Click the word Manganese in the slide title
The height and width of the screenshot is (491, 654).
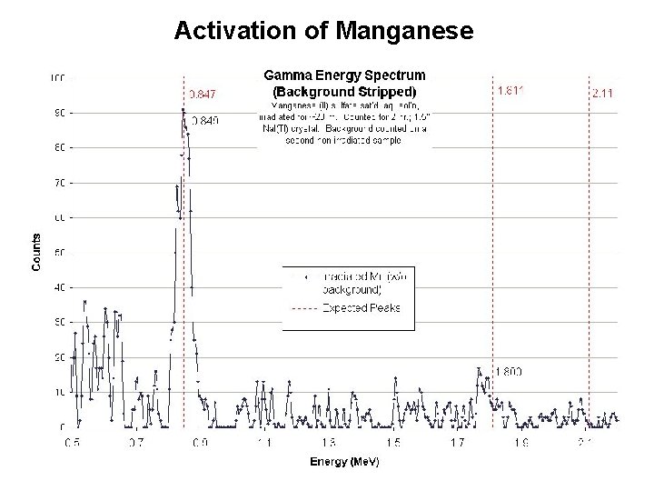[404, 31]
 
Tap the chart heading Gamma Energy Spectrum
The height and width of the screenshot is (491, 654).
[344, 75]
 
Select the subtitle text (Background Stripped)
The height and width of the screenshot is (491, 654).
[344, 91]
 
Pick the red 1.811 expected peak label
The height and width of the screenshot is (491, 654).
[512, 91]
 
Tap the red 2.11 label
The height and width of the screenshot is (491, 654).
[602, 93]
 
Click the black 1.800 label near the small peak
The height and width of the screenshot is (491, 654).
[509, 371]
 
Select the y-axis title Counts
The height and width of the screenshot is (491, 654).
[37, 251]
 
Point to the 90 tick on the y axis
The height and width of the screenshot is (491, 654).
[57, 113]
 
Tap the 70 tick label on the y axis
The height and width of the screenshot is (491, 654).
[57, 183]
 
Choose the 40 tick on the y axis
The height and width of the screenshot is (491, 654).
[57, 287]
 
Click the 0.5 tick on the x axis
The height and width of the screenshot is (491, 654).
[72, 443]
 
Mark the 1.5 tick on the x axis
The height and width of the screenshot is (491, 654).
[392, 443]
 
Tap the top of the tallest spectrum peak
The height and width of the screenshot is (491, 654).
[183, 110]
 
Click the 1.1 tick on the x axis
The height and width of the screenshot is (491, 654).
[264, 443]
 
